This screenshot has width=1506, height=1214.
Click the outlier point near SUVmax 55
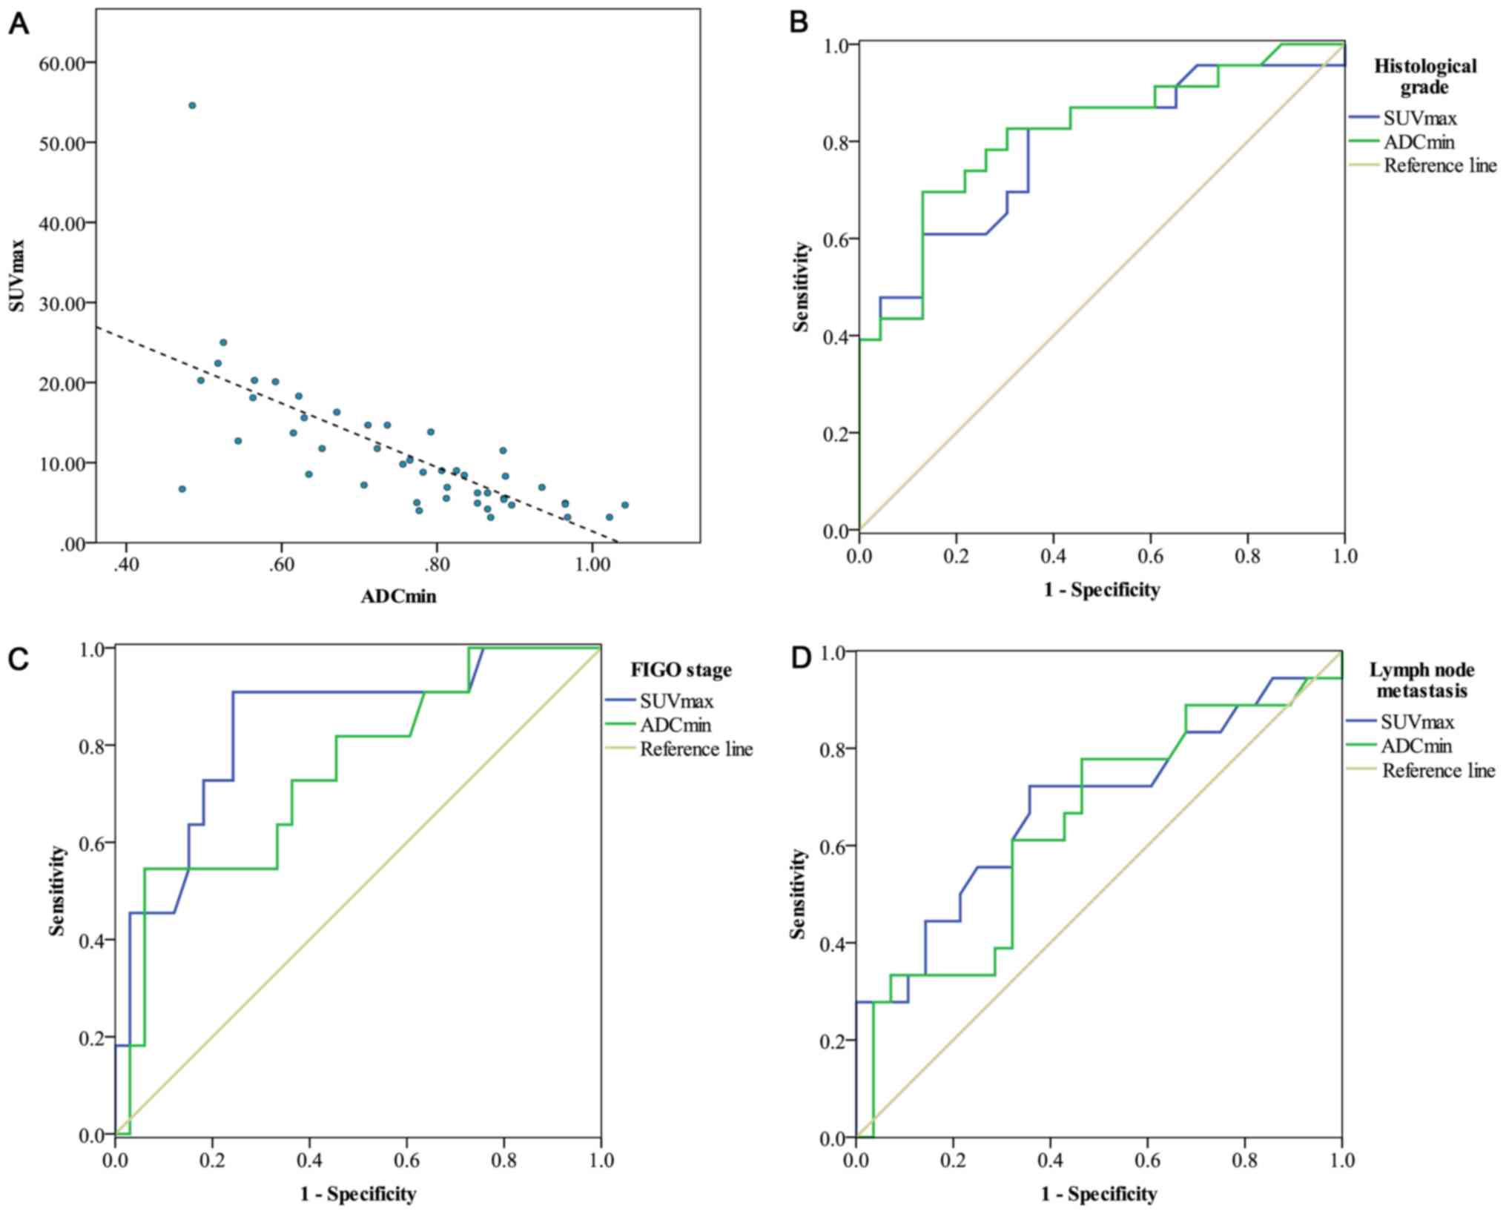point(192,105)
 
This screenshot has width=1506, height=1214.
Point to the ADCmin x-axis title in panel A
point(398,596)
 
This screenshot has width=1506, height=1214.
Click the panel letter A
point(19,24)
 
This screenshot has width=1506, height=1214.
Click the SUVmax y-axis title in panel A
point(17,275)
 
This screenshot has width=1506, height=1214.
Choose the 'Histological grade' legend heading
point(1424,76)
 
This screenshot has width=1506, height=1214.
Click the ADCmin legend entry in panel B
point(1419,142)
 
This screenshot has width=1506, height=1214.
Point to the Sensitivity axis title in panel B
point(802,286)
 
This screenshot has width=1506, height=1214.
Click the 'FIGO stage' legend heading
point(681,670)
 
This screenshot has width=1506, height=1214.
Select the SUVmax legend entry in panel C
point(676,700)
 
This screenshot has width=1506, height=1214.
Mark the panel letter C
point(19,657)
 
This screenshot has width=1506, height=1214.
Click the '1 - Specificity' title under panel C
point(357,1194)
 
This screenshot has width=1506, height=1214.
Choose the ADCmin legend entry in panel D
point(1416,746)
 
